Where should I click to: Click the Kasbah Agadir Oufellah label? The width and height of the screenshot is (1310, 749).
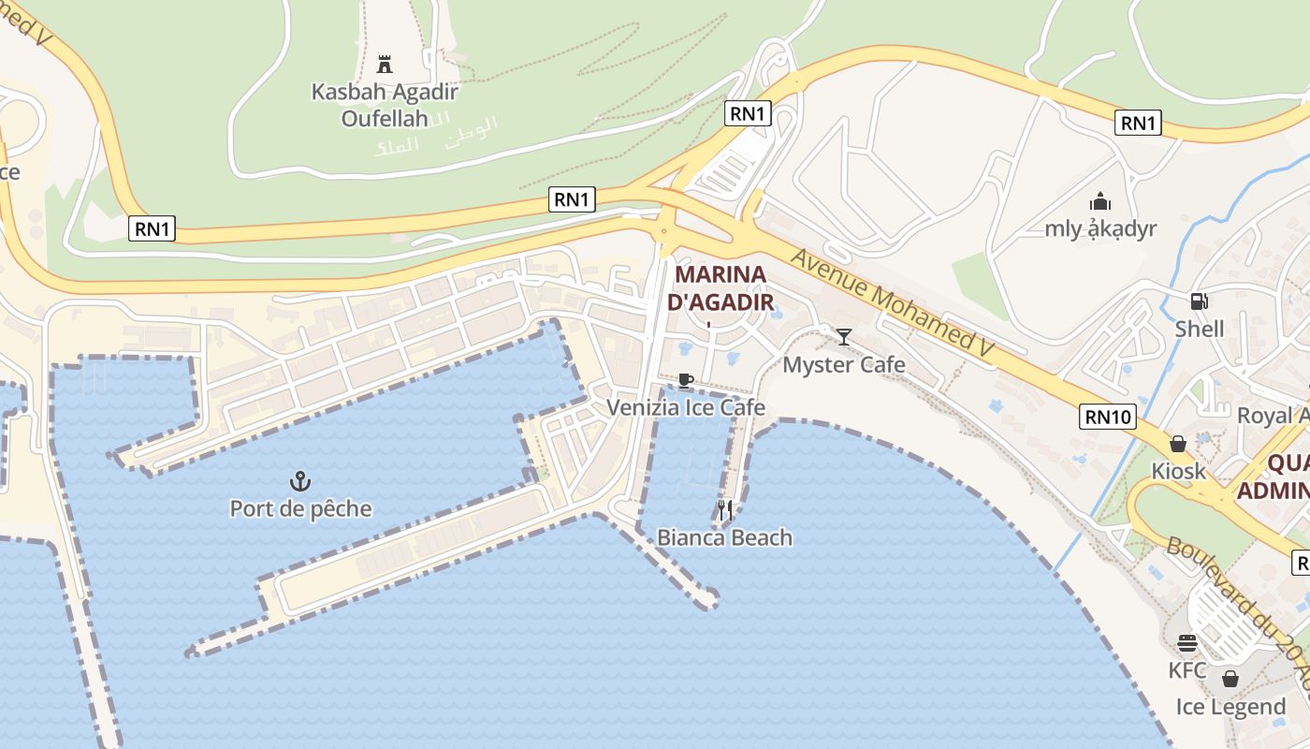(x=385, y=105)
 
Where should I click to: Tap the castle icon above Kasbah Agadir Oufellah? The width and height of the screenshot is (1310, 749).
(x=384, y=65)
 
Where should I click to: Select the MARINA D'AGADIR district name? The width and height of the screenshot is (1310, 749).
(x=720, y=288)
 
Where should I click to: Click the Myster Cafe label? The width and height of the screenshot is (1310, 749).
(x=844, y=364)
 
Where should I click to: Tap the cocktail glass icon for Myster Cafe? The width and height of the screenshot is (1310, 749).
(x=844, y=337)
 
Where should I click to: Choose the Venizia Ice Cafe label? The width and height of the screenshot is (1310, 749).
(x=686, y=407)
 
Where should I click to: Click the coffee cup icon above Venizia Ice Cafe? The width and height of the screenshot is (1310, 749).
(x=686, y=380)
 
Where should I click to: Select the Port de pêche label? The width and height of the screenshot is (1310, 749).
(x=300, y=508)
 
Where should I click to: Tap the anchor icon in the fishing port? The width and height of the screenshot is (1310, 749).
(x=300, y=482)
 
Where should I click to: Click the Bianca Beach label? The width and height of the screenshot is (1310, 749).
(x=724, y=537)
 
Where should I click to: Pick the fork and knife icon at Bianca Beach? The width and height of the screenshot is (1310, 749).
(x=725, y=510)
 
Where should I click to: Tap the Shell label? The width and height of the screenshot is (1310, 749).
(x=1199, y=329)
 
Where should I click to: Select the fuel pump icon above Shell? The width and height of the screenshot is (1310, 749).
(x=1199, y=301)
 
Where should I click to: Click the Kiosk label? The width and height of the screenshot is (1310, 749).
(x=1178, y=471)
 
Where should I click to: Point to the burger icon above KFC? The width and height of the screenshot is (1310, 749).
(x=1187, y=644)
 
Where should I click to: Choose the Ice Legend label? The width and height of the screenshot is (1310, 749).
(x=1230, y=707)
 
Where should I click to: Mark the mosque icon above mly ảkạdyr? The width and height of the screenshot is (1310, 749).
(x=1100, y=201)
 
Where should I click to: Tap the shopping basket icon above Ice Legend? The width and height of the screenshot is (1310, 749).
(x=1230, y=679)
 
